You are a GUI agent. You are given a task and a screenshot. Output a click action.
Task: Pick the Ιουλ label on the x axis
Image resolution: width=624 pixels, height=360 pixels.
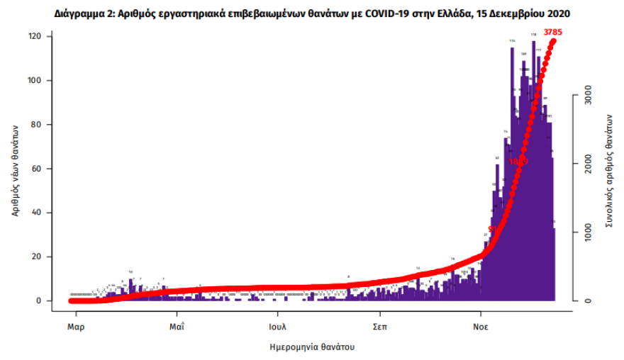[277, 328]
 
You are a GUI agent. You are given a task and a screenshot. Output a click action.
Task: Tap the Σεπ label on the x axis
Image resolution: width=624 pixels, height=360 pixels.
[379, 328]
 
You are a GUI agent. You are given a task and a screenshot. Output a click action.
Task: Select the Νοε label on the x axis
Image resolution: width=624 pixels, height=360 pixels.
[481, 328]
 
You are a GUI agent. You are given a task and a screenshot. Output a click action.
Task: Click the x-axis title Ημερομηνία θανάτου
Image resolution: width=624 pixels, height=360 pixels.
[312, 347]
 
